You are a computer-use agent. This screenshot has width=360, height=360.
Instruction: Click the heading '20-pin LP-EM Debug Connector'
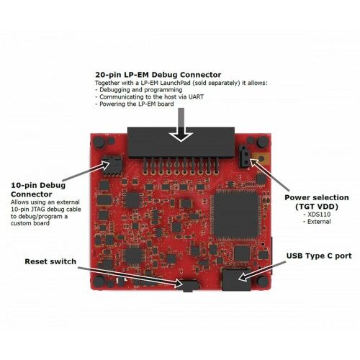point(158,75)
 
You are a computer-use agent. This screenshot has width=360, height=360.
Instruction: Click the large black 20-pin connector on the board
point(181,143)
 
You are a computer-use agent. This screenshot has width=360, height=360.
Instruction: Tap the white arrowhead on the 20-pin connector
point(181,137)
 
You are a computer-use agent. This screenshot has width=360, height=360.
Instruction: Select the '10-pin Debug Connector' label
point(38,189)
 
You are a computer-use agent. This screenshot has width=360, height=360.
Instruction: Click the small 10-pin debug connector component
point(112,165)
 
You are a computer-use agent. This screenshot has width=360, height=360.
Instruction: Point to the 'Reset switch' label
point(50,261)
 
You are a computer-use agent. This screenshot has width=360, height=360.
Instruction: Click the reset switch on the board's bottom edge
point(189,286)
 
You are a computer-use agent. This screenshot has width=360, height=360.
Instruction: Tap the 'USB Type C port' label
point(319,256)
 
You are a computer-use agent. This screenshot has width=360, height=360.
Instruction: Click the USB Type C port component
point(236,279)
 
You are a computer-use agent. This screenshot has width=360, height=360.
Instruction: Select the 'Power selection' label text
point(317,197)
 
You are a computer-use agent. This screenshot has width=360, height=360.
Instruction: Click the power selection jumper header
point(244,156)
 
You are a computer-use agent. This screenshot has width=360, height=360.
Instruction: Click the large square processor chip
point(235,215)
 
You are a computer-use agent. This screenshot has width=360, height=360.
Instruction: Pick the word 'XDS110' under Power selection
point(319,215)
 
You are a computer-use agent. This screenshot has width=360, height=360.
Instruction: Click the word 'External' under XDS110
point(319,222)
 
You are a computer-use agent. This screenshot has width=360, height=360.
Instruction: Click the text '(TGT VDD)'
point(317,207)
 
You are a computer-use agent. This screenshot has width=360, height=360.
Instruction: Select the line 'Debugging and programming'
point(139,90)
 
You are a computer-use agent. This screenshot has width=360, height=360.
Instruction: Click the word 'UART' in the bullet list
point(195,97)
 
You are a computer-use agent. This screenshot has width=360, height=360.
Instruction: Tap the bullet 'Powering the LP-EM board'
point(135,104)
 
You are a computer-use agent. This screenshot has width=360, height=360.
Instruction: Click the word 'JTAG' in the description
point(32,210)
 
